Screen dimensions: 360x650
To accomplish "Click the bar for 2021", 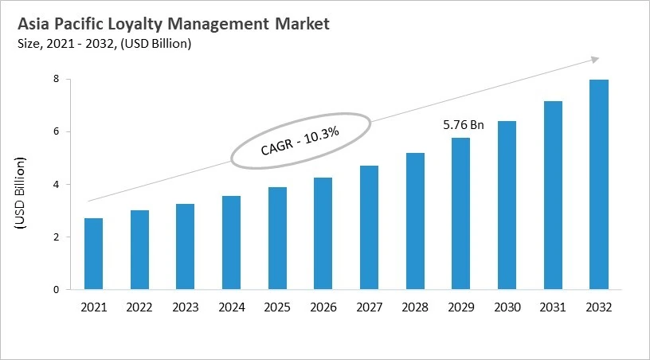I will tap(93, 254).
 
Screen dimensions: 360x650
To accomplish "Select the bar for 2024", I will tap(231, 243).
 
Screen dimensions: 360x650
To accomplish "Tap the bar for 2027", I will tap(369, 228).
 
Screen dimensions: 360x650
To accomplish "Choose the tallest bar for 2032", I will tap(598, 185).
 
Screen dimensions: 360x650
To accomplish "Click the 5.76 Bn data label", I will tap(463, 125).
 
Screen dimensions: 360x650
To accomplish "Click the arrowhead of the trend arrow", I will tap(593, 59).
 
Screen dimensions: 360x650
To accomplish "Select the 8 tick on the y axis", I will tap(57, 79).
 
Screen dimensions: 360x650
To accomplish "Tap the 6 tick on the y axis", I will tap(57, 131).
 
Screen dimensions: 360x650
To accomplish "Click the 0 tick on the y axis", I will tap(57, 290).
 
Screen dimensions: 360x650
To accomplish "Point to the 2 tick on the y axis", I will tap(57, 237).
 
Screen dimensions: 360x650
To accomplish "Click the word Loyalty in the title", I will tap(139, 25).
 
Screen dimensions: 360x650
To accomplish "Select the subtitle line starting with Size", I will tap(104, 44).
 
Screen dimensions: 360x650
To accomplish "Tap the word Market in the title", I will tap(300, 24).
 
